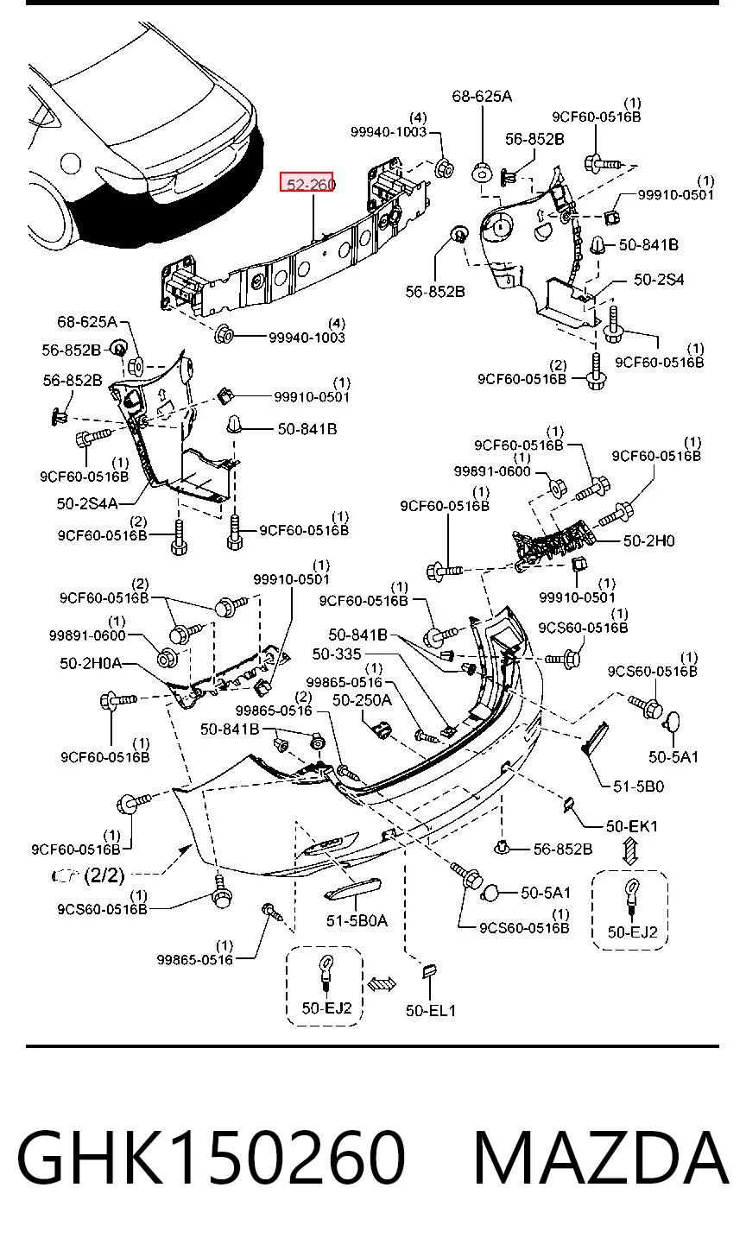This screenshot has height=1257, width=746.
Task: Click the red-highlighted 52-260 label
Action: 307,182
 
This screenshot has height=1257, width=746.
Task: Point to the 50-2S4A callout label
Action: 87,503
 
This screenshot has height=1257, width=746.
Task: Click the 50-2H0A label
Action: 91,663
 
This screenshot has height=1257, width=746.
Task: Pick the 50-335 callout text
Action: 337,654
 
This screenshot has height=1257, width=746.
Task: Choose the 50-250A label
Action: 362,700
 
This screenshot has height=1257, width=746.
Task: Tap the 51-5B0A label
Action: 357,920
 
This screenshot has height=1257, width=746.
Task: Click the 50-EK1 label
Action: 631,826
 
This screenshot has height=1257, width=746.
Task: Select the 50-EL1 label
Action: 431,1011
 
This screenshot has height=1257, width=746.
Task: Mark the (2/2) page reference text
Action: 104,875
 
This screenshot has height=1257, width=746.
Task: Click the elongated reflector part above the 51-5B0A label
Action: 354,888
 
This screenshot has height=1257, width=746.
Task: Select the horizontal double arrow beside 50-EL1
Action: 382,983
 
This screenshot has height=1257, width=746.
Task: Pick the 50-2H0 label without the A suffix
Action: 649,541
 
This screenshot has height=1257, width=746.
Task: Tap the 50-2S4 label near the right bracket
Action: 659,280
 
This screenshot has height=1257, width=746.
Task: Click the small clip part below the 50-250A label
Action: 382,730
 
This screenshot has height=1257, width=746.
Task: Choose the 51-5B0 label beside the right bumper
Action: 638,786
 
